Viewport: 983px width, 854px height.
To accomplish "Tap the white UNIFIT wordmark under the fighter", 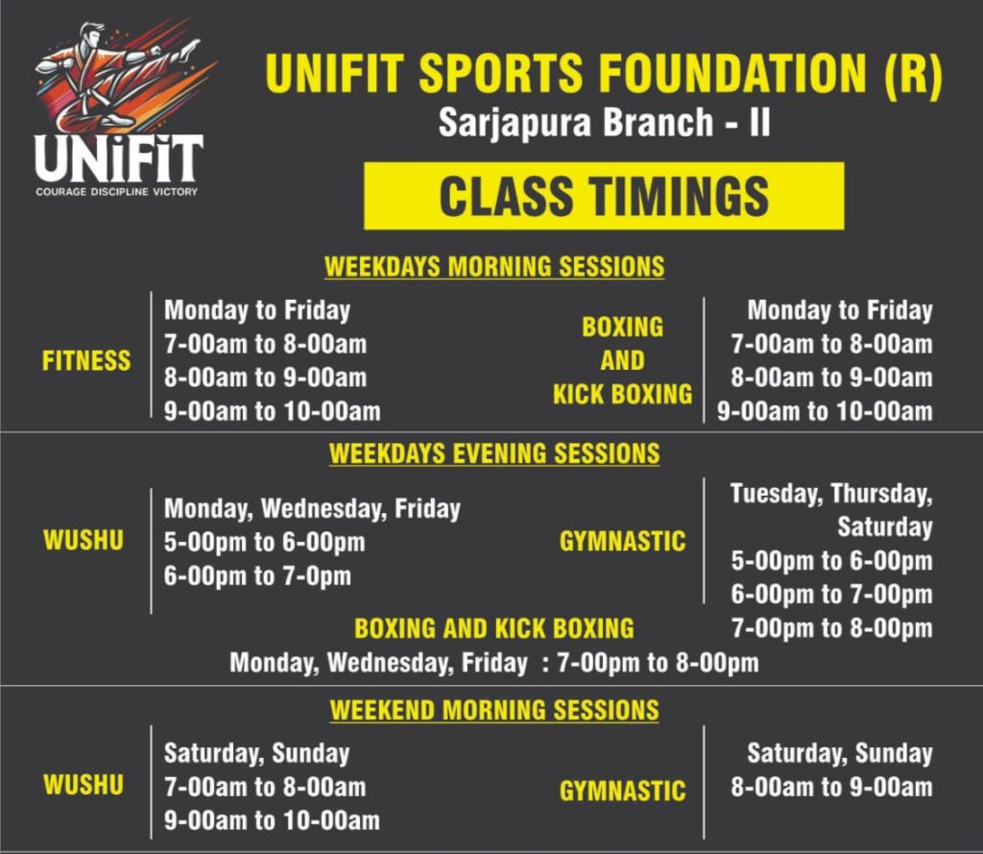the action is pyautogui.click(x=118, y=159).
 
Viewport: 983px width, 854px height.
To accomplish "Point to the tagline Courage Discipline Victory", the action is pyautogui.click(x=116, y=191).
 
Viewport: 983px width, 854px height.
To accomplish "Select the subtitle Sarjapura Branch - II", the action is pyautogui.click(x=604, y=122).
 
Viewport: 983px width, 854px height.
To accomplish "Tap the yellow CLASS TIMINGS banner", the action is pyautogui.click(x=604, y=196).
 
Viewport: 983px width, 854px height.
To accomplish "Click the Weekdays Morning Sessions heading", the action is pyautogui.click(x=494, y=267).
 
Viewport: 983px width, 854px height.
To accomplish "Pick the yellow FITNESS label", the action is pyautogui.click(x=86, y=361).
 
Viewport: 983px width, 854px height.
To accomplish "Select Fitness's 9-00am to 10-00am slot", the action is pyautogui.click(x=272, y=411).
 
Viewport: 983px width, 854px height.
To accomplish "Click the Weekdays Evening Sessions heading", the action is pyautogui.click(x=494, y=453).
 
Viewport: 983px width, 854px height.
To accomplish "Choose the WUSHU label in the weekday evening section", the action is pyautogui.click(x=84, y=540).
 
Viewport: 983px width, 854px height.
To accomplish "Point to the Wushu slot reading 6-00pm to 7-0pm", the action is pyautogui.click(x=257, y=576).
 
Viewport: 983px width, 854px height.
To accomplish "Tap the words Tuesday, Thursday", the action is pyautogui.click(x=831, y=494).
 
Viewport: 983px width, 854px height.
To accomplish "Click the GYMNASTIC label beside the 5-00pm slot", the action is pyautogui.click(x=622, y=542).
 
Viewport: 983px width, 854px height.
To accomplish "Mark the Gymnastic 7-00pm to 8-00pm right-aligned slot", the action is pyautogui.click(x=832, y=628).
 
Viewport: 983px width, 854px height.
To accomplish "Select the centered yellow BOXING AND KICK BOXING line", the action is pyautogui.click(x=494, y=629).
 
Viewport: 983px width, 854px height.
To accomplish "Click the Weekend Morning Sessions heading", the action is pyautogui.click(x=494, y=710).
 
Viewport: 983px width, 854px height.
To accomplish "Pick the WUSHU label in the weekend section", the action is pyautogui.click(x=84, y=785).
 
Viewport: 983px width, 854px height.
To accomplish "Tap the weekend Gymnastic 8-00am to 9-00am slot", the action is pyautogui.click(x=832, y=787).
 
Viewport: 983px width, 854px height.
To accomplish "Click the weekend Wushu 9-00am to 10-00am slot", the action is pyautogui.click(x=272, y=820).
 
